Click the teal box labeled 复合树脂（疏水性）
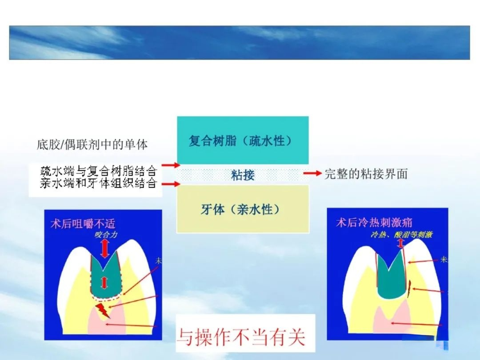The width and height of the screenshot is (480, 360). tap(243, 140)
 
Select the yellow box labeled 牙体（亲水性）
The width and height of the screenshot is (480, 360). tap(243, 209)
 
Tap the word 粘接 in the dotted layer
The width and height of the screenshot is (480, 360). tap(243, 175)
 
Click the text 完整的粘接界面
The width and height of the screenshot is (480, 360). tap(366, 174)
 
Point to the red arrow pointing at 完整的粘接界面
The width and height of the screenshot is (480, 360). tap(312, 174)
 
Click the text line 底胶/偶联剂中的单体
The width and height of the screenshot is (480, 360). tap(92, 144)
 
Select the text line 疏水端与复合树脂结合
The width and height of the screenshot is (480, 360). tap(99, 170)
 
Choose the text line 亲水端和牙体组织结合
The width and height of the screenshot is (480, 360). tap(99, 183)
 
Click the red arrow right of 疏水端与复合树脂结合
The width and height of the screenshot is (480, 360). tap(170, 165)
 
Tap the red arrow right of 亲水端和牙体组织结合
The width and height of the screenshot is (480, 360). tap(170, 184)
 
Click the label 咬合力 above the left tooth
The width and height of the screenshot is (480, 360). tap(106, 234)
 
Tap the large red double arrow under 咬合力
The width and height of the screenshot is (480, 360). tap(104, 249)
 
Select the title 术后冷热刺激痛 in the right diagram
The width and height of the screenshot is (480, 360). tap(374, 222)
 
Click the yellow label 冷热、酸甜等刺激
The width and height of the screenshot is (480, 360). tap(401, 234)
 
